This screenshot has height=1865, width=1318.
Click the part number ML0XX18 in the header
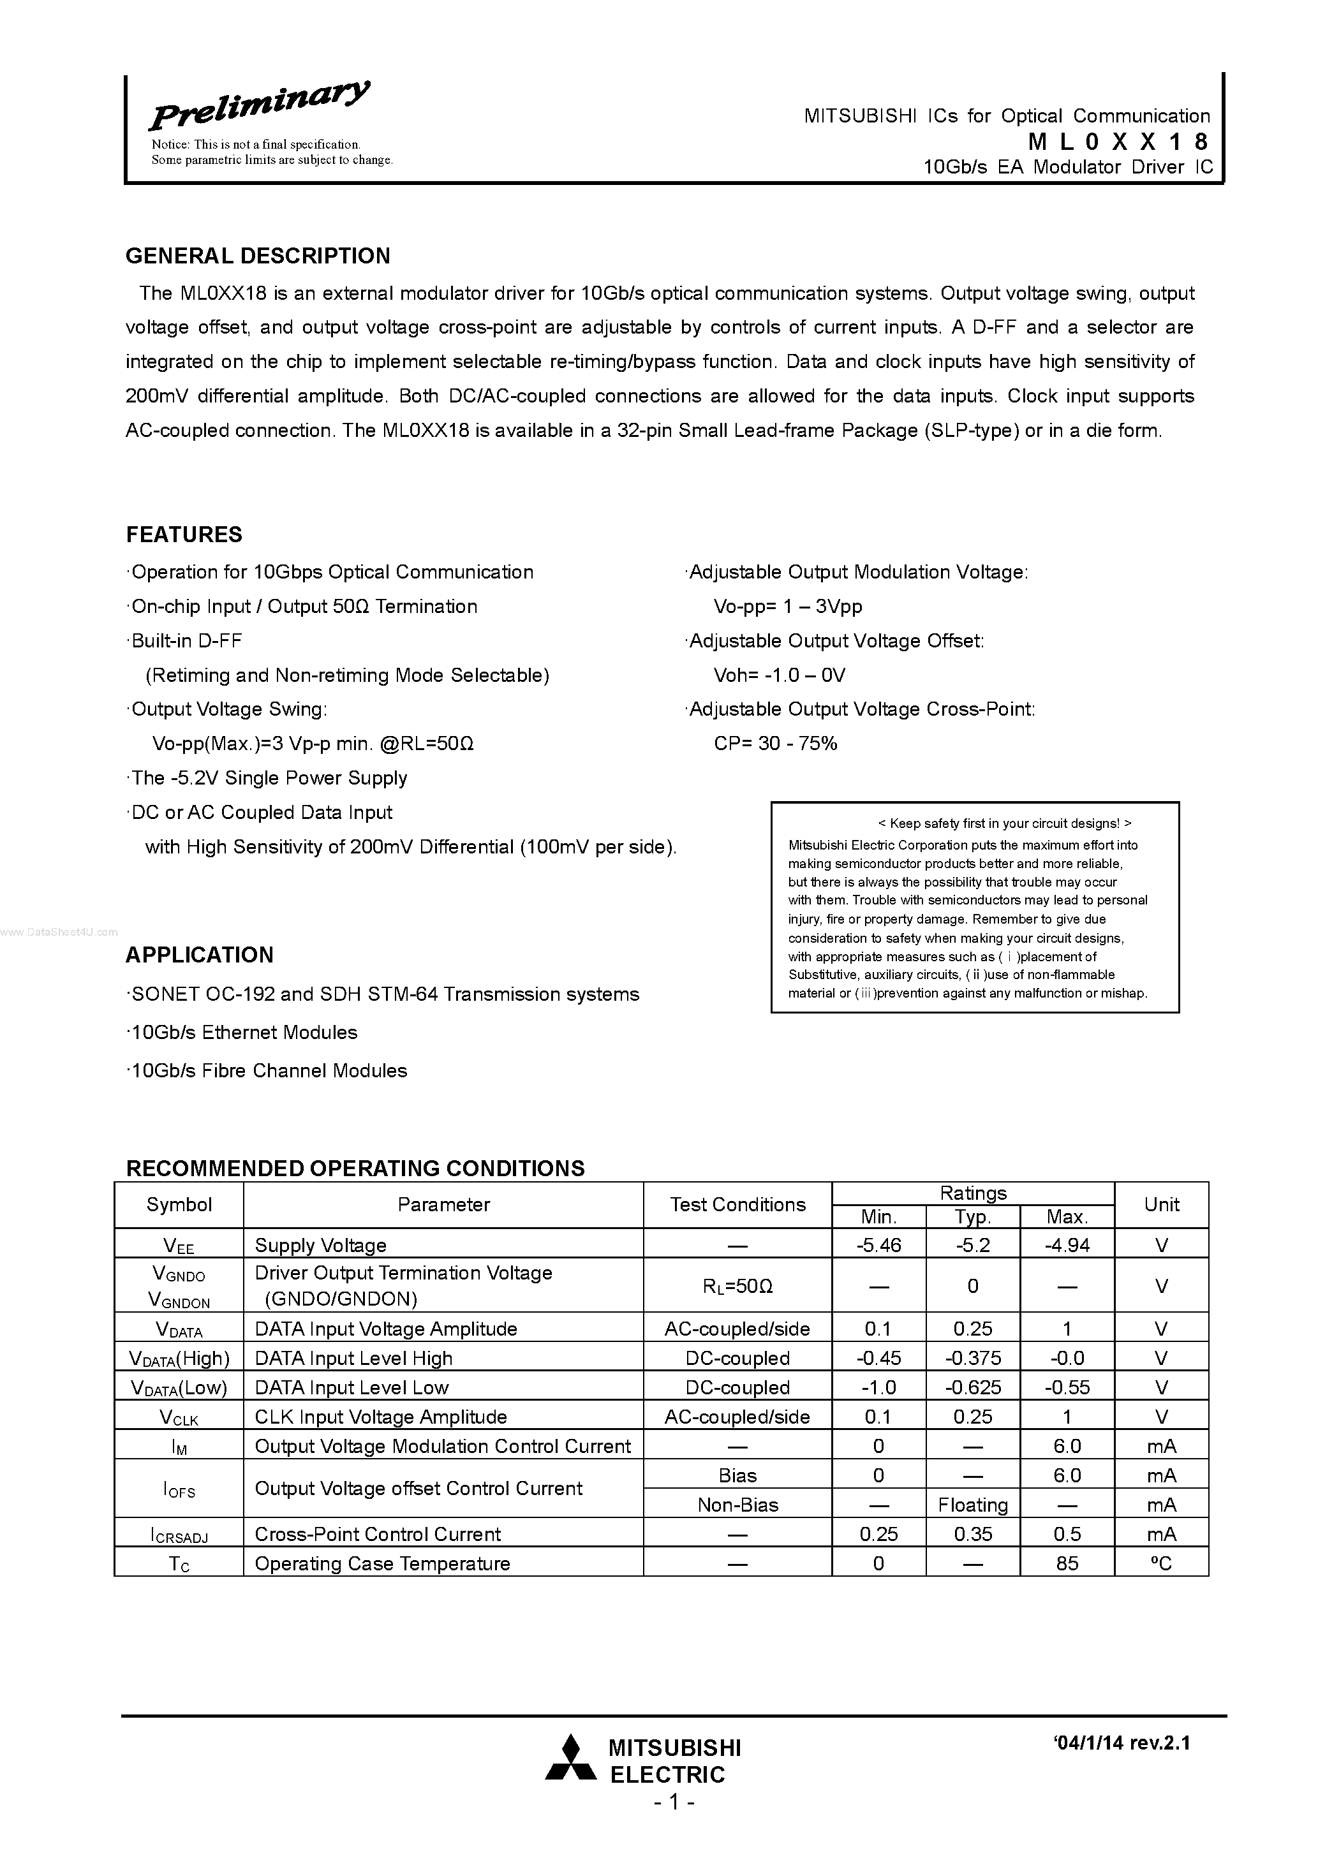coord(1118,142)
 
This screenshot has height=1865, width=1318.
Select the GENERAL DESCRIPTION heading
coord(258,256)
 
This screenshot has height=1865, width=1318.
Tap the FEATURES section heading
coord(184,534)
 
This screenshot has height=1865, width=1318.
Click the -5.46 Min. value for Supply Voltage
coord(878,1245)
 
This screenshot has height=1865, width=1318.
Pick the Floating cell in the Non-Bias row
coord(973,1505)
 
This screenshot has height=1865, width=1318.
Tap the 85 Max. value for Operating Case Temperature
coord(1067,1564)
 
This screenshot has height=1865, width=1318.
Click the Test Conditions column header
coord(737,1205)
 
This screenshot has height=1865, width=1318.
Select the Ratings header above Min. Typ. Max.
coord(973,1193)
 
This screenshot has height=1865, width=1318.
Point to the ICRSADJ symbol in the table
coord(179,1535)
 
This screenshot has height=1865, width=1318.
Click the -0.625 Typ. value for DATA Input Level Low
coord(973,1387)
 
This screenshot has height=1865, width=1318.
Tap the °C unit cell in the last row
coord(1161,1564)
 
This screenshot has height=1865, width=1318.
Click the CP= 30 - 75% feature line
coord(775,743)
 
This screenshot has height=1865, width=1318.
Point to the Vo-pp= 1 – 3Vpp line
coord(787,607)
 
